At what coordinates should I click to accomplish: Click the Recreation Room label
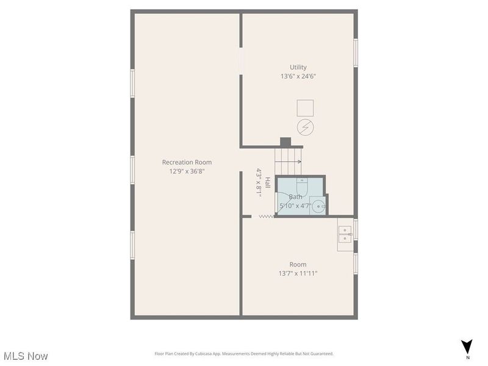click(187, 162)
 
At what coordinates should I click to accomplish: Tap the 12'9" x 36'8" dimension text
click(187, 171)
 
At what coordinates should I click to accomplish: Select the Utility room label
click(298, 67)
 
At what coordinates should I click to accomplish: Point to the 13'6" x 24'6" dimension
click(298, 76)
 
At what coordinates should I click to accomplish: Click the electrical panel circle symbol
click(306, 127)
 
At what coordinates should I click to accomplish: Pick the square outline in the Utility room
click(305, 108)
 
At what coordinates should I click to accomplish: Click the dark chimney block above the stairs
click(285, 142)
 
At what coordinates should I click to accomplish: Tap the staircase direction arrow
click(288, 162)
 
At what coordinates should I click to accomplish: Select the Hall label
click(267, 182)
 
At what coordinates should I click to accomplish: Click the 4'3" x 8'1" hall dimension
click(259, 182)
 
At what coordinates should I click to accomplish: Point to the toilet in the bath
click(302, 185)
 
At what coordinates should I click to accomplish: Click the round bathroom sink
click(318, 206)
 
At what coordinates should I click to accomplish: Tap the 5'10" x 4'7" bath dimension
click(295, 206)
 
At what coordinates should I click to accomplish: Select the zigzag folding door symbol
click(267, 217)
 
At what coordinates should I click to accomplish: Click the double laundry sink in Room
click(345, 234)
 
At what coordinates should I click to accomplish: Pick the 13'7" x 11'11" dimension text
click(298, 273)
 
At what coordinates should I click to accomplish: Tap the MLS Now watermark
click(26, 356)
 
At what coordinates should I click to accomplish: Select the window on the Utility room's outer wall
click(356, 52)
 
